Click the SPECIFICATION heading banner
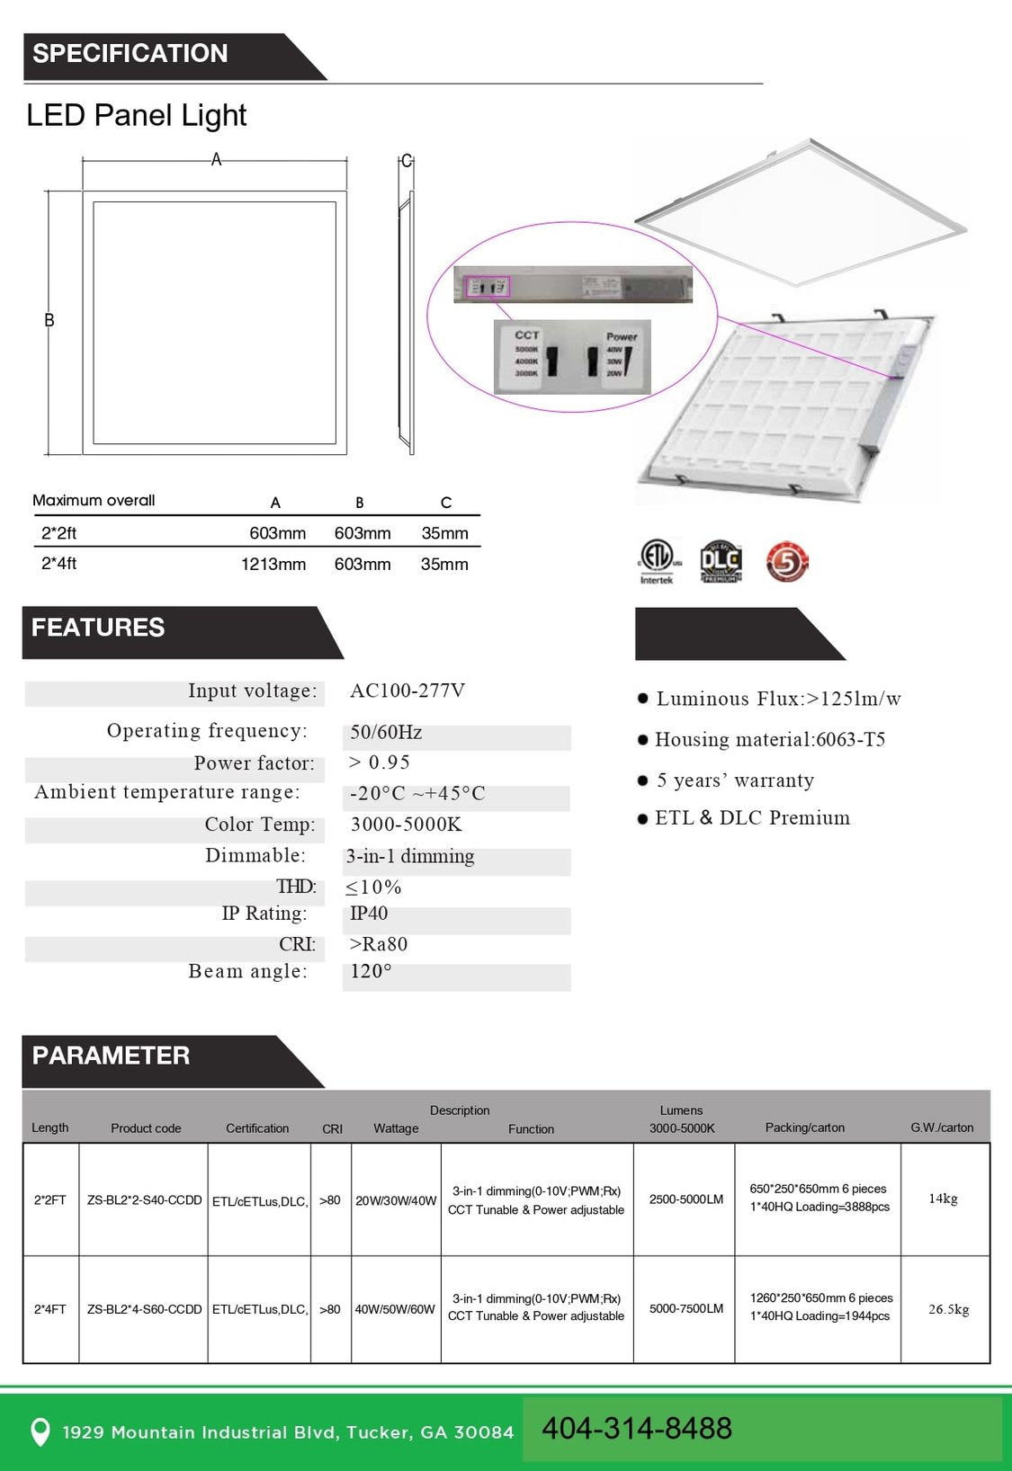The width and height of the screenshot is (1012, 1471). (130, 54)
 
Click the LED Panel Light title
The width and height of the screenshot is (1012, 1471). (136, 115)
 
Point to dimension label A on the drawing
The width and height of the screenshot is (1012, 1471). (216, 159)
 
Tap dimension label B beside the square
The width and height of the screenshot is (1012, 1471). (49, 320)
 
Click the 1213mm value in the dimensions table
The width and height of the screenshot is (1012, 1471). (273, 564)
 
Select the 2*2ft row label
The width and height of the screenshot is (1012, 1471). (59, 533)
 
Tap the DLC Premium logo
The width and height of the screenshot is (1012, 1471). (721, 562)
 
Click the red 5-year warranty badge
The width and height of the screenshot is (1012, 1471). (787, 562)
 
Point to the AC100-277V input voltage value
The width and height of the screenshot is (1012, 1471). (407, 691)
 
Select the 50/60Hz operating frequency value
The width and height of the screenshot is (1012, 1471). (386, 732)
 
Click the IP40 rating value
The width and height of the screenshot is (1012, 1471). (369, 914)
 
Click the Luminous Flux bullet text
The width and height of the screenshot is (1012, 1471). (778, 699)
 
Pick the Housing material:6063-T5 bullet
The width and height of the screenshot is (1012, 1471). (770, 739)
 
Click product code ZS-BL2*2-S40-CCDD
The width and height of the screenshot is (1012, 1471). (144, 1200)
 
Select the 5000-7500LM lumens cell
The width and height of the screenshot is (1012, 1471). (686, 1308)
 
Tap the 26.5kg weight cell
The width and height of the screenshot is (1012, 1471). (948, 1309)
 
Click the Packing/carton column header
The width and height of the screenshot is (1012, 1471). (805, 1128)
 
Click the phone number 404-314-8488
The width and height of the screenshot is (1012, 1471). (637, 1428)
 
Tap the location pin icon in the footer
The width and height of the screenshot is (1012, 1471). (40, 1431)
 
